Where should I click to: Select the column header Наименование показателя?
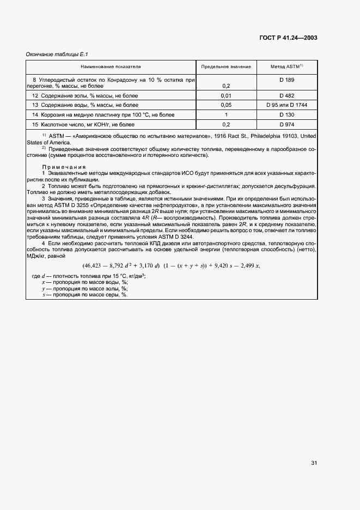point(111,66)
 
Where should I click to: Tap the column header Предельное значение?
point(226,66)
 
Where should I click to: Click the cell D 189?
point(286,80)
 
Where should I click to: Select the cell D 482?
point(286,95)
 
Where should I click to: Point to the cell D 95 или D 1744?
point(286,105)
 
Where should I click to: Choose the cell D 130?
point(286,115)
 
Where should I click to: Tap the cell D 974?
point(286,125)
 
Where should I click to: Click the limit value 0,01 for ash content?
point(226,95)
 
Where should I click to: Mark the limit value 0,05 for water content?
point(226,105)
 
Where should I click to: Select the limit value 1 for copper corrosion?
point(226,115)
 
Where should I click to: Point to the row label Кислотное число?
point(60,125)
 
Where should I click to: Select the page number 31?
point(314,463)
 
